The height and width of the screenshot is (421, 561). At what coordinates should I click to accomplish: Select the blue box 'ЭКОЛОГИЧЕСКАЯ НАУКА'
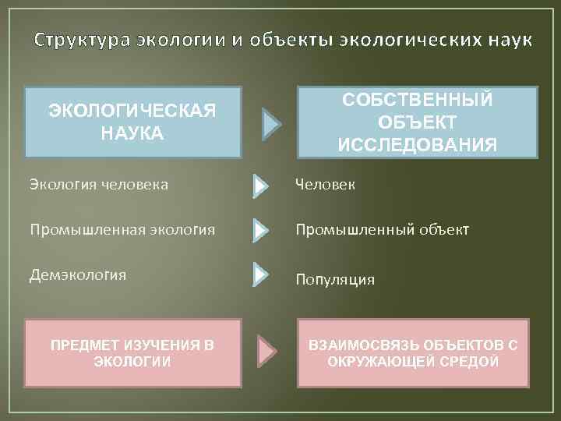[133, 122]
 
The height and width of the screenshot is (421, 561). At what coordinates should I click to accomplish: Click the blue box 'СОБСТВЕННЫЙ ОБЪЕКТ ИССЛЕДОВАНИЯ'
[418, 122]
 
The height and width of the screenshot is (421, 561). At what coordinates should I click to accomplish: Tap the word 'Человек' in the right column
[325, 185]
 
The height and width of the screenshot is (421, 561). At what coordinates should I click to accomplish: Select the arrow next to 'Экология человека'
[260, 186]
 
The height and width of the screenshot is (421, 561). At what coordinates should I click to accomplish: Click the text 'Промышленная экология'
[122, 229]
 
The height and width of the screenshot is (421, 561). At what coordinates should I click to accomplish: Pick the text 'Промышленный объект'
[382, 230]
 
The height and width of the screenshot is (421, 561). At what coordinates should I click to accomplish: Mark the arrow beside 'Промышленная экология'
[260, 231]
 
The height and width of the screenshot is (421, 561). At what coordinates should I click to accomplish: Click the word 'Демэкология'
[77, 274]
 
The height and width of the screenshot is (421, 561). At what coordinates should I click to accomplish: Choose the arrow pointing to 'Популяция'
[260, 274]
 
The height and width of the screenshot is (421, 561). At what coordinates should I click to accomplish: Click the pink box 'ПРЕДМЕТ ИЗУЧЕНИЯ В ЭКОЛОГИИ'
[132, 352]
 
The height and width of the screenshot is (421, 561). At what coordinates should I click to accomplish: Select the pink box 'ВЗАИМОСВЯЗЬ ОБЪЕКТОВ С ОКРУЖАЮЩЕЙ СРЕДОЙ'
[414, 352]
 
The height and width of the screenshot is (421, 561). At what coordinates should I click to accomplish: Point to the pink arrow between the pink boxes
[268, 352]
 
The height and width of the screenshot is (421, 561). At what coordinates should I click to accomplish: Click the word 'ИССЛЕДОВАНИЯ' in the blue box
[418, 144]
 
